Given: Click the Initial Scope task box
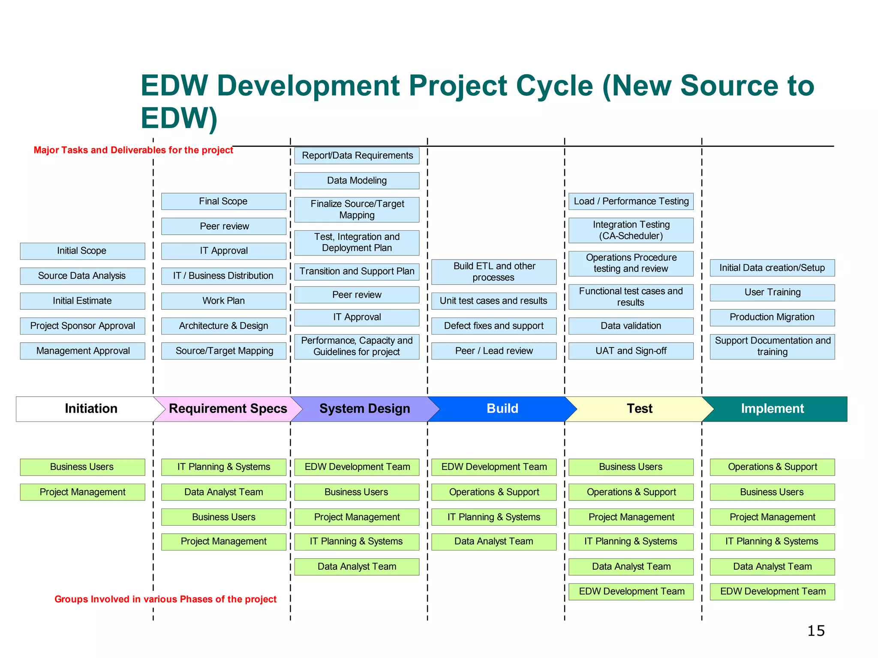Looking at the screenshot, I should [x=82, y=251].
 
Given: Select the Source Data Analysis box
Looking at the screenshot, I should [x=82, y=276].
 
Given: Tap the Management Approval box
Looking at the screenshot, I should [x=82, y=351].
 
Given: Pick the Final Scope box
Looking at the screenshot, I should [x=223, y=201].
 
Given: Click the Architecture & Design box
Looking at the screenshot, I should [x=223, y=326].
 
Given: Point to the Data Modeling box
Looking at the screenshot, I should [x=357, y=181].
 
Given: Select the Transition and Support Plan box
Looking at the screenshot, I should [x=357, y=272].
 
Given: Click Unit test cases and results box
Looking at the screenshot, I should [x=493, y=301].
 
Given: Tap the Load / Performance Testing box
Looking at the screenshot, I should [x=631, y=201].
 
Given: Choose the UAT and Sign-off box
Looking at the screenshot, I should [x=631, y=351].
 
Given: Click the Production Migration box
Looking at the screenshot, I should [x=772, y=317].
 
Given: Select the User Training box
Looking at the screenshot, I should [x=772, y=293].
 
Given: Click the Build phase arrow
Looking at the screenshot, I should [x=502, y=409].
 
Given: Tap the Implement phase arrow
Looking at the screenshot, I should [x=772, y=409].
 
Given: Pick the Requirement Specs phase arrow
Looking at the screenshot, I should [x=228, y=409].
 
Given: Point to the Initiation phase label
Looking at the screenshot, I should [x=91, y=409].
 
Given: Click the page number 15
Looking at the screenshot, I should [x=816, y=631].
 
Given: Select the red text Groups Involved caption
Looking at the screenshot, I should [x=165, y=599].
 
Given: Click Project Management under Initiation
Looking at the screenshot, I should [x=82, y=492].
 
